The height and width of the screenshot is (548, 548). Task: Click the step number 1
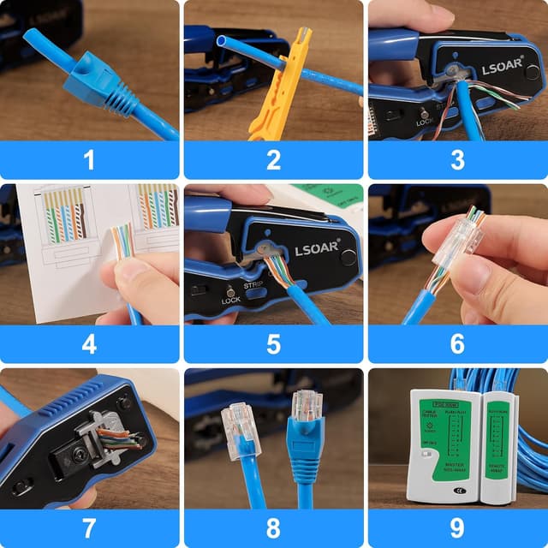click(89, 159)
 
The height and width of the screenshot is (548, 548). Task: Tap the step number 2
click(273, 159)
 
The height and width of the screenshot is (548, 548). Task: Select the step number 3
click(457, 159)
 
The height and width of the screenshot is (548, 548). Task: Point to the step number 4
click(89, 344)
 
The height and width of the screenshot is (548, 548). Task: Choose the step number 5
click(273, 344)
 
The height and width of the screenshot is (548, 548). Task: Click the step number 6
click(457, 344)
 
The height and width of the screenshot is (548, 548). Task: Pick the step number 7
click(89, 528)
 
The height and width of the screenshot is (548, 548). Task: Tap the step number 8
click(273, 528)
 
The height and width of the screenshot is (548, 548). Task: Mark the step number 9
click(457, 528)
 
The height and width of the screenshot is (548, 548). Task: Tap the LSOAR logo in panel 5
click(314, 251)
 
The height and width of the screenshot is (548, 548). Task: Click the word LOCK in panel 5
click(232, 301)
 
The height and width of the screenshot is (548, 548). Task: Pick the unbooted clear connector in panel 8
click(240, 424)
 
